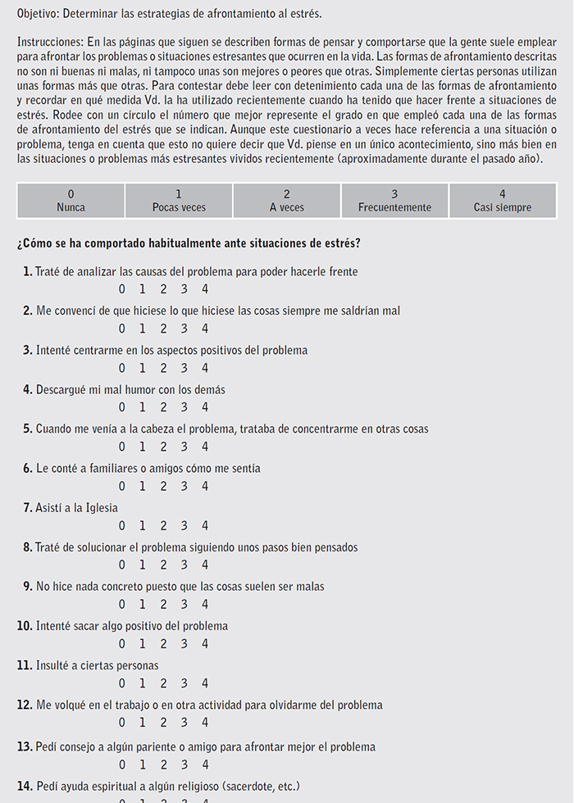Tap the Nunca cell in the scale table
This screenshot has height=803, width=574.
point(71,201)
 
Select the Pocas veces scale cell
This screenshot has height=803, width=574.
point(179,201)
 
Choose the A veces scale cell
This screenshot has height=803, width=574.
point(286,201)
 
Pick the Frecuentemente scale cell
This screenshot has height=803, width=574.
point(394,201)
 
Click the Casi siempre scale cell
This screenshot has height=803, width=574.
point(502,201)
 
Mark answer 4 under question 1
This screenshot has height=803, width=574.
point(204,289)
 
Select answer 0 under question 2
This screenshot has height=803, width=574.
point(121,329)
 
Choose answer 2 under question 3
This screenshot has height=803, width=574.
point(163,368)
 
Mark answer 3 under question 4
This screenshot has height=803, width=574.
point(184,407)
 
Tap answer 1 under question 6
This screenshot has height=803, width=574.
point(142,486)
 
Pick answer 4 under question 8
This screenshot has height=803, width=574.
point(204,565)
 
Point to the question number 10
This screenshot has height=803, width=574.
point(24,626)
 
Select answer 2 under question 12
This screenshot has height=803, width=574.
point(163,722)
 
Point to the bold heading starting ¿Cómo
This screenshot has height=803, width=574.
point(188,243)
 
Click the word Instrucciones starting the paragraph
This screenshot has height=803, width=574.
point(51,40)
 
